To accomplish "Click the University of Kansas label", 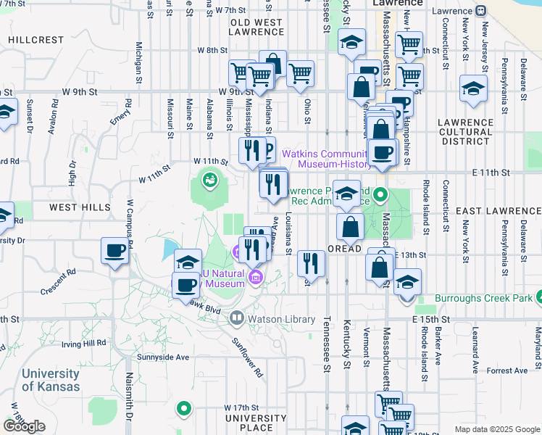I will click(x=51, y=380).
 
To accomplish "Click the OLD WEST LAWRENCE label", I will click(x=256, y=28).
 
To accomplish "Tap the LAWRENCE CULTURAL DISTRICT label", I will click(x=465, y=132).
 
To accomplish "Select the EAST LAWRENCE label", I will click(x=499, y=211).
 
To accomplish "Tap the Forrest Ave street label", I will click(x=508, y=370).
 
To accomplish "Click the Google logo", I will click(x=25, y=426).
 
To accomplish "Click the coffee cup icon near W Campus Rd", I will click(x=114, y=251).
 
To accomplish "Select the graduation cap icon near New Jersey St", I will click(x=473, y=88).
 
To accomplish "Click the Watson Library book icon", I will click(x=236, y=318).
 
